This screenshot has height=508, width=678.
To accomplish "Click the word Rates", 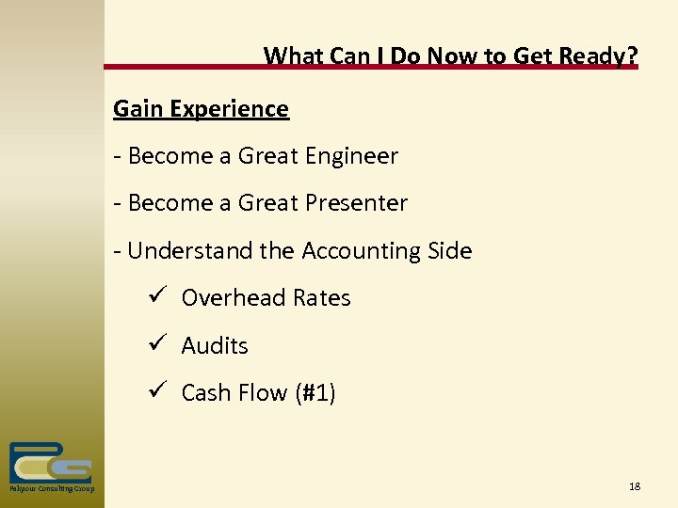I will [322, 298].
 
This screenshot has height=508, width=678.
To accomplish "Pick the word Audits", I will [215, 346].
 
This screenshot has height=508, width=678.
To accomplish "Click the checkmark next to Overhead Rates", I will [156, 297].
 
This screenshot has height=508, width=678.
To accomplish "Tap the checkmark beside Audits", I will [156, 344].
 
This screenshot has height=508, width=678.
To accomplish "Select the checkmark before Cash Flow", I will [156, 391].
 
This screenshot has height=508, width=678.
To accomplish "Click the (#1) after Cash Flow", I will [315, 393].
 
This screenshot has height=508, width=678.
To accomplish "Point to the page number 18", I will [634, 486].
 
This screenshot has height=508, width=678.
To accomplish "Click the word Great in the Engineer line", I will [267, 156].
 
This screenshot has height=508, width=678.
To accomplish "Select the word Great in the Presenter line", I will [267, 203].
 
